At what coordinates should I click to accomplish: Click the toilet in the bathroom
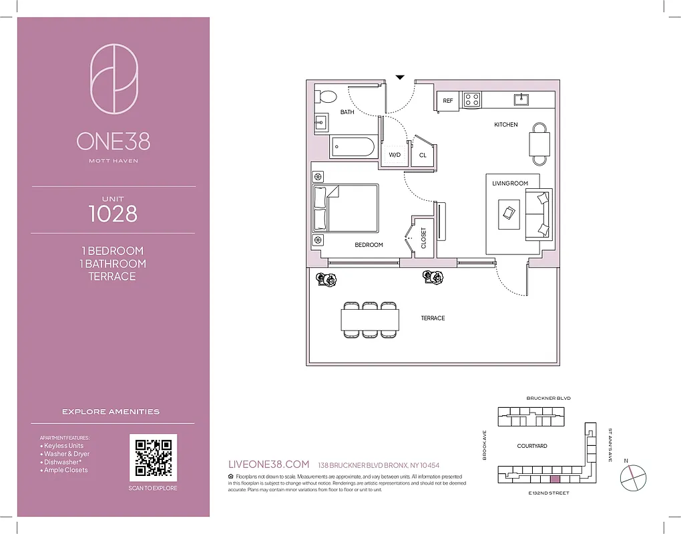point(326,97)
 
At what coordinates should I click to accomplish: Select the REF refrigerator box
point(448,101)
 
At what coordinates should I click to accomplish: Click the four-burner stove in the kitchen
point(472,100)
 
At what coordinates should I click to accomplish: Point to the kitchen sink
point(521,99)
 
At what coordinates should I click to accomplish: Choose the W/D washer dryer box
point(394,154)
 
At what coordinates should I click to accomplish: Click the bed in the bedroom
point(345,208)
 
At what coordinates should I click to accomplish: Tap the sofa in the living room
point(538,214)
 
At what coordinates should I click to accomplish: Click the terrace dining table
point(370,318)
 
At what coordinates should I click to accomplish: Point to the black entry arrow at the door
point(400,77)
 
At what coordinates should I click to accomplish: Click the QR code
point(153,458)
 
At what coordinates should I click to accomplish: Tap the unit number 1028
point(113,214)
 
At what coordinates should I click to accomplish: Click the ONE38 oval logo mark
point(113,79)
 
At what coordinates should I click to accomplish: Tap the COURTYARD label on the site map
point(532,446)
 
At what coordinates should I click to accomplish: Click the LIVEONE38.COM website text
point(268,465)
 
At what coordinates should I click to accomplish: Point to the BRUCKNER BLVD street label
point(548,398)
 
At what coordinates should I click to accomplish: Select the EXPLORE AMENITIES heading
point(111,412)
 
